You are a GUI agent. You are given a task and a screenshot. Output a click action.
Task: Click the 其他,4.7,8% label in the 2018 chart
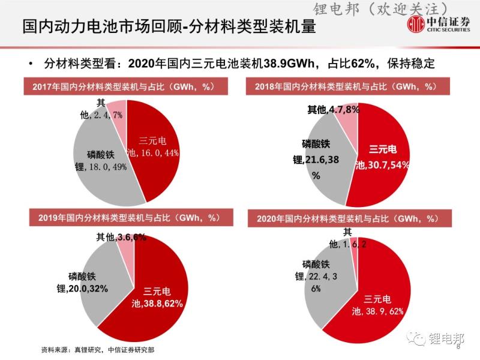pos(334,110)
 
